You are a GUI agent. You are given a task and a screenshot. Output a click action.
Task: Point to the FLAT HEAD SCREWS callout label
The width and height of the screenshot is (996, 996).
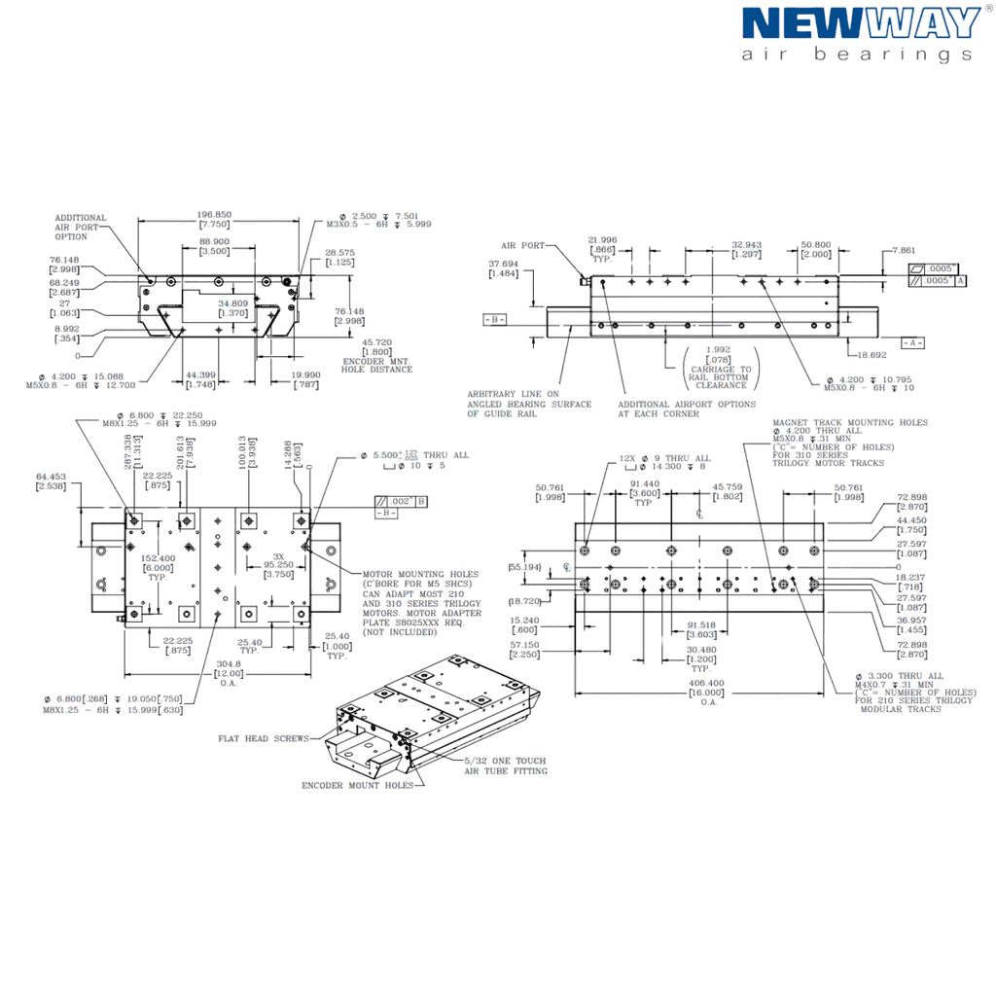coord(263,738)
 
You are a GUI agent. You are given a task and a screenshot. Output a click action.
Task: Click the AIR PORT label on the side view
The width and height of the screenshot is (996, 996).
coord(523,246)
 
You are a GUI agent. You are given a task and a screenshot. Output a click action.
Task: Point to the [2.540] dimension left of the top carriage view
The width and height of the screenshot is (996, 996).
coord(52,480)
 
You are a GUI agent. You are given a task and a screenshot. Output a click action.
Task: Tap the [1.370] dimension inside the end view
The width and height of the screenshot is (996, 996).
coord(231,310)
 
